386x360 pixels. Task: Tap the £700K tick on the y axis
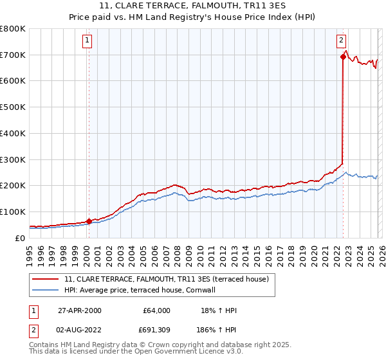(13, 55)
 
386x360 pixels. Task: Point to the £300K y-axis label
(13, 159)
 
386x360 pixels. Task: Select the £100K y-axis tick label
(13, 212)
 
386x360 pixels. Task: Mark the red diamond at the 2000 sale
(89, 221)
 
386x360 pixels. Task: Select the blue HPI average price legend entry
(139, 290)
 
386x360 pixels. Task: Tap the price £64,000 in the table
(156, 310)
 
